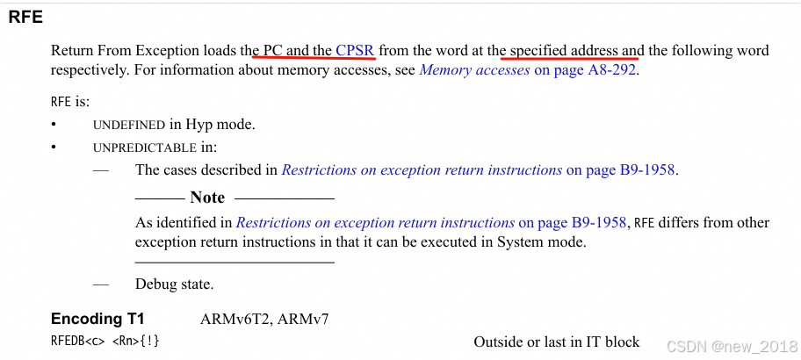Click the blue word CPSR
coord(355,50)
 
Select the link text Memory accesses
coord(474,69)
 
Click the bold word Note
coord(207,198)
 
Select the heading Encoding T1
coord(97,319)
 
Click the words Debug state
coord(174,284)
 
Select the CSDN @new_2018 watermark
coord(731,346)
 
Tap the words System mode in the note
coord(545,241)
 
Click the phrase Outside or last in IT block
coord(557,341)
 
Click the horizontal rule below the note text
coord(235,262)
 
